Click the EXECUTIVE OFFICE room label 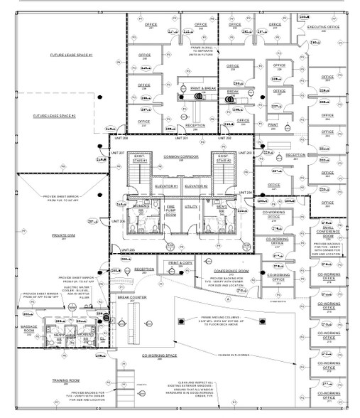pyautogui.click(x=322, y=28)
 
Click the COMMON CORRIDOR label pyautogui.click(x=180, y=156)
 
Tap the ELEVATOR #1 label pyautogui.click(x=165, y=186)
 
